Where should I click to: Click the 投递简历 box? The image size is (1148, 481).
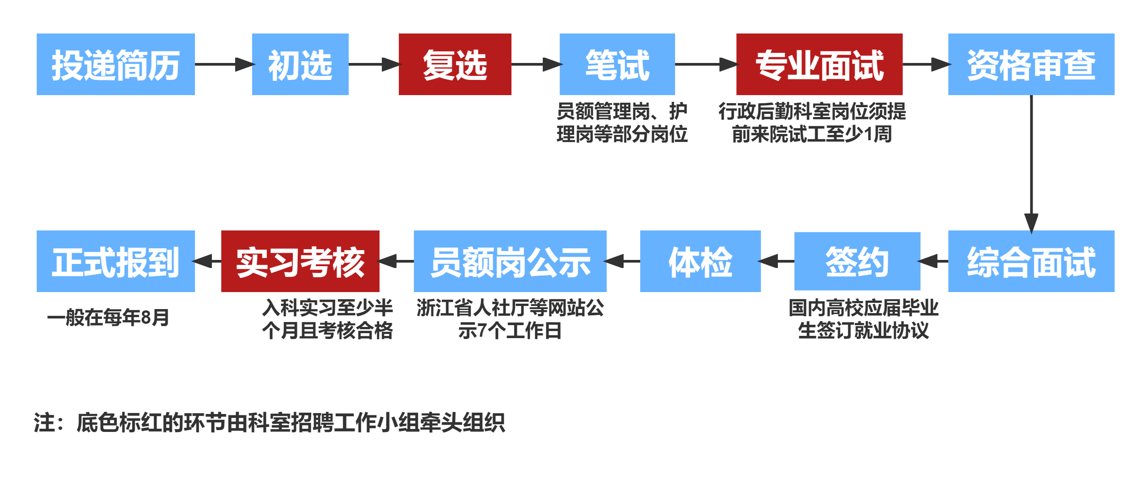(x=116, y=64)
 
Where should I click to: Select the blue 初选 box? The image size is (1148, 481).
(x=300, y=64)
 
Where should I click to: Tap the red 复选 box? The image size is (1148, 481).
(x=455, y=64)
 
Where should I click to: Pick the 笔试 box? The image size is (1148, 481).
(x=617, y=64)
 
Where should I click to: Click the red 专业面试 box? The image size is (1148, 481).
(x=819, y=64)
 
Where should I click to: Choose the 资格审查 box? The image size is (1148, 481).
(x=1031, y=64)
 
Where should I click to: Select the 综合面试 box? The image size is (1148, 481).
(x=1031, y=261)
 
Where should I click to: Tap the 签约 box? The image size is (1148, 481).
(x=857, y=261)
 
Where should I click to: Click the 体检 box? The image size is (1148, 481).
(x=701, y=261)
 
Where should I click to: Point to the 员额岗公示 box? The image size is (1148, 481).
(x=510, y=261)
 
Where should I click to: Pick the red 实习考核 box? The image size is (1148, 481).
(x=300, y=261)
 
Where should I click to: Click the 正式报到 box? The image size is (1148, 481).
(x=116, y=261)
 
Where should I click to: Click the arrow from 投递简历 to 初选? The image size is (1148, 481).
(x=224, y=64)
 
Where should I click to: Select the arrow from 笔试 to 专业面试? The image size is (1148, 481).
(x=705, y=64)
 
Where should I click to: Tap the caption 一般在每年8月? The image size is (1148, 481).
(x=109, y=318)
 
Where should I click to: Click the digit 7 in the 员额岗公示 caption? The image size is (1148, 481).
(x=482, y=331)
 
